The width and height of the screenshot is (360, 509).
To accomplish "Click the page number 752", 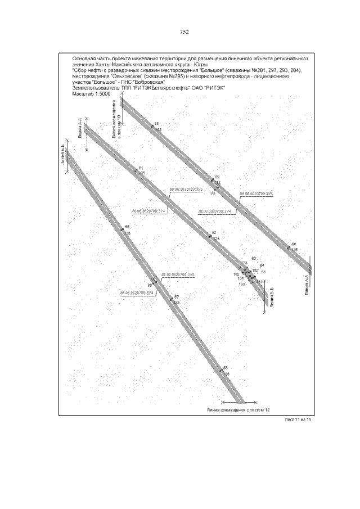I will pyautogui.click(x=183, y=31).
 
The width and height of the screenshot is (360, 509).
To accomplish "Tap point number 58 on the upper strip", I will pyautogui.click(x=156, y=123).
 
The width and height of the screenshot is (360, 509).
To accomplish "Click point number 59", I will pyautogui.click(x=217, y=177).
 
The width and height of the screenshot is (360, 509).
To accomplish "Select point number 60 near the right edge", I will pyautogui.click(x=294, y=244).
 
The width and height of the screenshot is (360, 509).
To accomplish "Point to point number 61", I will pyautogui.click(x=141, y=168).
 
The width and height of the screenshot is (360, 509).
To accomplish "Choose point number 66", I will pyautogui.click(x=127, y=227).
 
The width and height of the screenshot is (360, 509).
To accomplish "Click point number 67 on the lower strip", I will pyautogui.click(x=176, y=297).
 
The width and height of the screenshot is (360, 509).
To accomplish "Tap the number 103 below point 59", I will pyautogui.click(x=212, y=193).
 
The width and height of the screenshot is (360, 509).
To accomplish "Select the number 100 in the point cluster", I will pyautogui.click(x=242, y=284).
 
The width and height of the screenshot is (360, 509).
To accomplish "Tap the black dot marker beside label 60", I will pyautogui.click(x=288, y=246).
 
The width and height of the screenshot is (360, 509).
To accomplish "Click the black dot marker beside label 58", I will pyautogui.click(x=152, y=126).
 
